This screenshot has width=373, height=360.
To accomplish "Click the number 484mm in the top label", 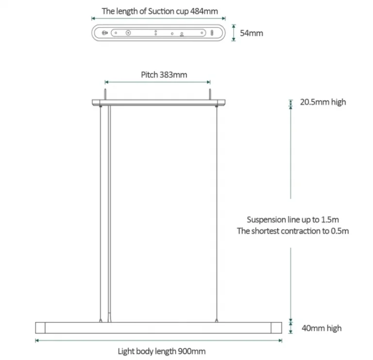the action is (x=204, y=11).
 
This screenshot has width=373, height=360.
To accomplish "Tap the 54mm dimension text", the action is (x=252, y=33).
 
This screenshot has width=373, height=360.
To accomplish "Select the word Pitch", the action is (x=150, y=75).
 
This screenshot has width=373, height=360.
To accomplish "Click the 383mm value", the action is (x=173, y=75).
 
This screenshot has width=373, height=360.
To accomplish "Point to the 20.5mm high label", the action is (x=323, y=102).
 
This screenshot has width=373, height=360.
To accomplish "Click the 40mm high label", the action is (x=322, y=328).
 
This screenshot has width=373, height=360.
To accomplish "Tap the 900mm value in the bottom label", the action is (x=192, y=351).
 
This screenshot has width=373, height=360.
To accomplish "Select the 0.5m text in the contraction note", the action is (x=339, y=231).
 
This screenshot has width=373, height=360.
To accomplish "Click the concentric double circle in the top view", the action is (x=128, y=33).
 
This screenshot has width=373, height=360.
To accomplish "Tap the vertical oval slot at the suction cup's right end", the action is (x=212, y=33).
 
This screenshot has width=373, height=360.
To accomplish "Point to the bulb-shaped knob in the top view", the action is (x=105, y=33).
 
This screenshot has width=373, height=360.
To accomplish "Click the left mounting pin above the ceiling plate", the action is (x=105, y=94).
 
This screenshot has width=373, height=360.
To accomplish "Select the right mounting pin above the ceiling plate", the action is (x=210, y=94).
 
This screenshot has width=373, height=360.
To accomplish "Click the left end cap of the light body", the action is (x=40, y=328).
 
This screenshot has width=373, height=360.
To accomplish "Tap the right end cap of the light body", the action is (x=276, y=328).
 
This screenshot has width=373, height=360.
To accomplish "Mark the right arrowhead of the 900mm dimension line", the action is (x=280, y=341).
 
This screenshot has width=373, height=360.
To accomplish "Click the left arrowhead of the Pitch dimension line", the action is (x=106, y=82).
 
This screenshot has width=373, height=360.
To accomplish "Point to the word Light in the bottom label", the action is (x=126, y=351).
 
